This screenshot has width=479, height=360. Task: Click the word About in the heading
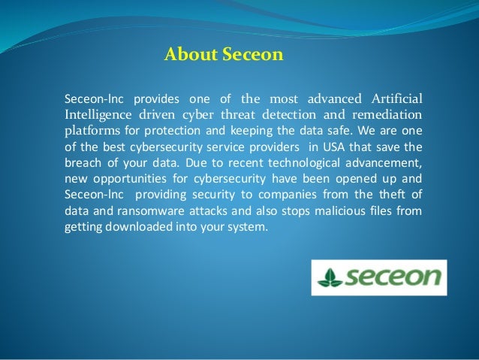tap(186, 55)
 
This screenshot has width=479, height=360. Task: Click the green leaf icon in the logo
tap(331, 277)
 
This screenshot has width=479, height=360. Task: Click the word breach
tap(81, 165)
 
